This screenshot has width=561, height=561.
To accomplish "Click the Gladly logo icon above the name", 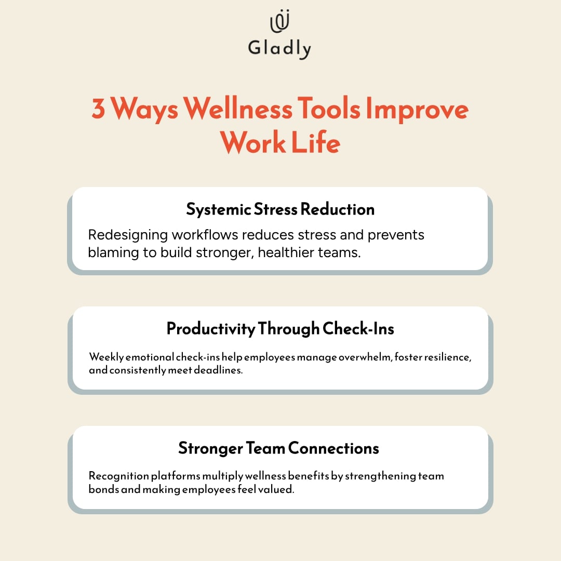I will pyautogui.click(x=279, y=22).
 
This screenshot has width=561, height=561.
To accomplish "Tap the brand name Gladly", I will pyautogui.click(x=279, y=48).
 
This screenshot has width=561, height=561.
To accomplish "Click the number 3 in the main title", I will pyautogui.click(x=99, y=110).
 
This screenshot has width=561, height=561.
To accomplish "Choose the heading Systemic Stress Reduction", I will pyautogui.click(x=280, y=209).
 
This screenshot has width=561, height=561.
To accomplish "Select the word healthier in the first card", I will pyautogui.click(x=295, y=252).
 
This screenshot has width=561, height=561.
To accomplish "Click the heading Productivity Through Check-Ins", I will pyautogui.click(x=280, y=329).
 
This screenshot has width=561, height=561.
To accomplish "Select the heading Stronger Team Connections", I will pyautogui.click(x=278, y=448).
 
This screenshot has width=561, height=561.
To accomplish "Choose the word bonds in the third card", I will pyautogui.click(x=103, y=490).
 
